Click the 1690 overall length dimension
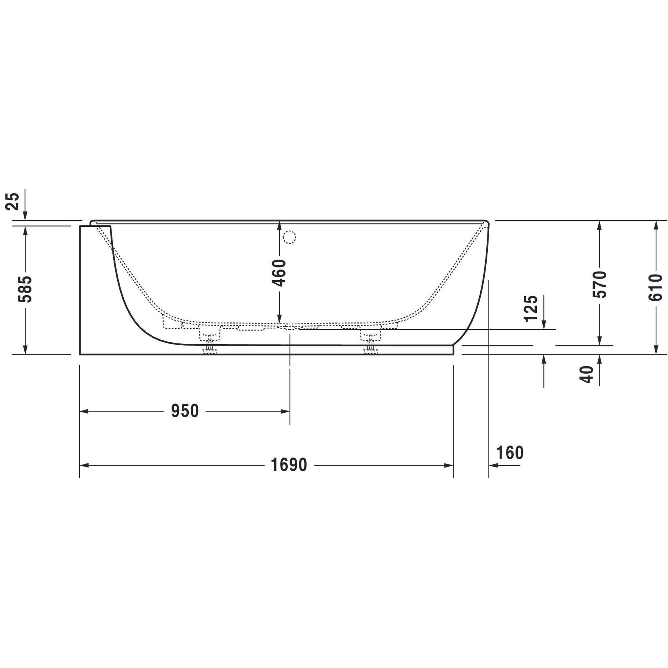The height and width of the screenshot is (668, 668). tap(289, 465)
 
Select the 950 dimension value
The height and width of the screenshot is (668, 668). tap(185, 411)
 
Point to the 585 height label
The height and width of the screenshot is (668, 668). tap(25, 289)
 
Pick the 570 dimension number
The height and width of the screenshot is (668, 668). tap(599, 284)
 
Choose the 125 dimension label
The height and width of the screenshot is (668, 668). tap(531, 308)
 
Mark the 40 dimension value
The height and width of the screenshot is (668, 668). tap(587, 374)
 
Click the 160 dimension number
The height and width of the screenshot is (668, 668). tap(510, 453)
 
